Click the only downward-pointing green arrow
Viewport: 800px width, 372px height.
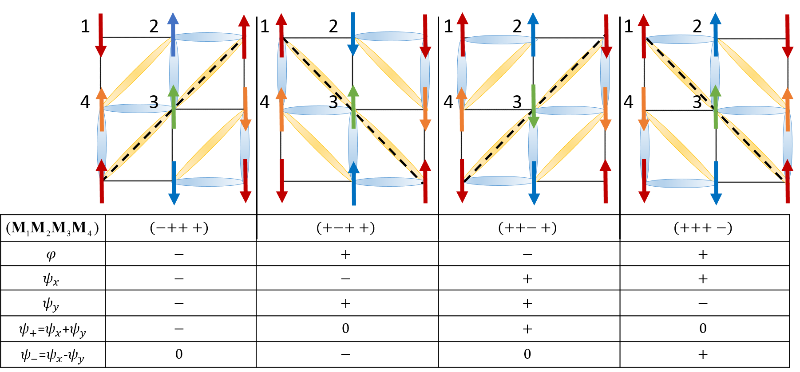click(x=534, y=107)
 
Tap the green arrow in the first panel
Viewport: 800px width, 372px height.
click(x=174, y=107)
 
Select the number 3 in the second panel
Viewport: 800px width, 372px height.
click(x=333, y=102)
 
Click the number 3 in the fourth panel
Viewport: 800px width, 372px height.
click(x=697, y=102)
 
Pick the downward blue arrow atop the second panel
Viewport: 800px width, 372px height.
click(x=353, y=34)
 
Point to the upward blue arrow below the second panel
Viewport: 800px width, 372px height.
click(x=354, y=183)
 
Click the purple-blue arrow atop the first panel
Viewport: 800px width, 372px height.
click(x=173, y=34)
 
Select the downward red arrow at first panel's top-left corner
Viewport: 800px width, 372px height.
click(x=101, y=35)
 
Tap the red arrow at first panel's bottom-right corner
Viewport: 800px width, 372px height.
click(x=246, y=181)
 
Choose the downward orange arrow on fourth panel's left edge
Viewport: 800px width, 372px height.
click(x=644, y=109)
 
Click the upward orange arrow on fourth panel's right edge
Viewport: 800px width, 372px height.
click(x=788, y=109)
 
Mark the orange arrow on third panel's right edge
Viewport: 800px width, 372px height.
click(x=606, y=109)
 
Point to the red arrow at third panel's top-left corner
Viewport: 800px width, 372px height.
click(x=463, y=34)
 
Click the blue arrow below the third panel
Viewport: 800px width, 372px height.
click(x=534, y=183)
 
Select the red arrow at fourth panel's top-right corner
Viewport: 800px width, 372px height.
click(x=788, y=36)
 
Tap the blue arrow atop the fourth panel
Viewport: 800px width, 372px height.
click(x=716, y=34)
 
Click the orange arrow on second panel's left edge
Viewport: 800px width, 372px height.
click(x=281, y=109)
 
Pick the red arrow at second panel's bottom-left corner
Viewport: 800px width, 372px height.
click(x=282, y=181)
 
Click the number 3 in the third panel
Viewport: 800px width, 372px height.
click(x=517, y=102)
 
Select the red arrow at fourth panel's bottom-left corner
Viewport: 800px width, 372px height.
click(x=644, y=181)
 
